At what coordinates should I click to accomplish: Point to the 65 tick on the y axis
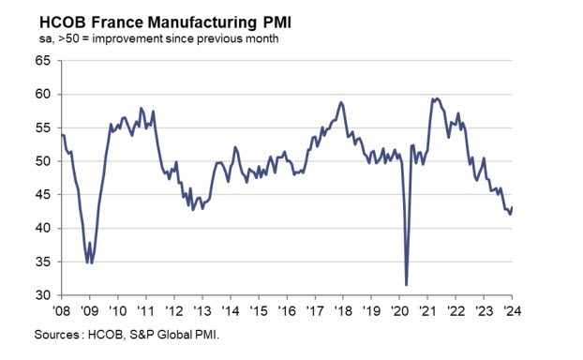click(x=42, y=61)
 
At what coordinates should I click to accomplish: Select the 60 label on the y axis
click(x=42, y=95)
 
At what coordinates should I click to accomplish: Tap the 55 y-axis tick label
click(x=42, y=128)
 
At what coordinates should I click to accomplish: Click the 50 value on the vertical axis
click(x=42, y=161)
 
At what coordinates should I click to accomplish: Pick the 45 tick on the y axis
click(x=42, y=195)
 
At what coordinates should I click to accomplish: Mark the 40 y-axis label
click(x=42, y=229)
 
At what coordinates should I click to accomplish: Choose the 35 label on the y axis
click(x=42, y=262)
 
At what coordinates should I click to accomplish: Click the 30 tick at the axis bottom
click(x=42, y=295)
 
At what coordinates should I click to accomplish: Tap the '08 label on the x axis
click(x=61, y=310)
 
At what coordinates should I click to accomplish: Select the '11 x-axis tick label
click(x=146, y=310)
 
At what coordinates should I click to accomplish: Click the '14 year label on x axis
click(x=231, y=310)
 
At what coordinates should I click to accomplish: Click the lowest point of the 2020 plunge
click(x=407, y=285)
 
